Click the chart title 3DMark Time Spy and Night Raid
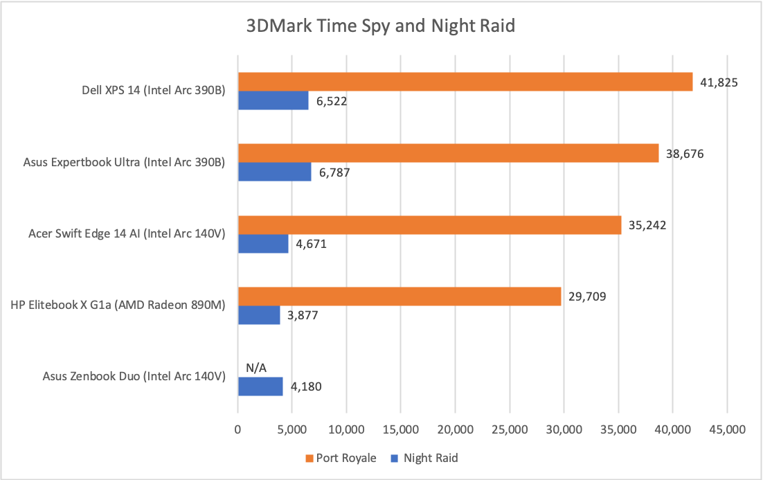click(x=381, y=27)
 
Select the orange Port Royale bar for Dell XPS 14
click(x=465, y=82)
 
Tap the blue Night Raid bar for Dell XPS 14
click(x=273, y=100)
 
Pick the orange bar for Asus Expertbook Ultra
click(x=448, y=154)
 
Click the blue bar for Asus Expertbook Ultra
click(x=274, y=172)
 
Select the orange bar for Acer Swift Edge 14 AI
click(x=429, y=226)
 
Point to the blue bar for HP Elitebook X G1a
click(x=259, y=315)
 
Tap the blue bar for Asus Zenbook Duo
click(x=260, y=386)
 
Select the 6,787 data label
click(x=333, y=173)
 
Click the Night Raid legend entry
click(x=424, y=458)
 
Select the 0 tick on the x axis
click(x=238, y=429)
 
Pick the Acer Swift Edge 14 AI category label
click(x=127, y=234)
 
